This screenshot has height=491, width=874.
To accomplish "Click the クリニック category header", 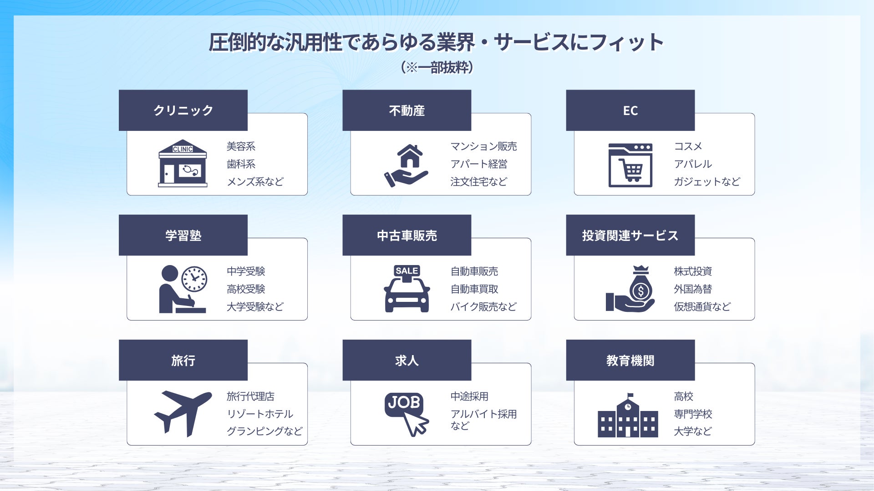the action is pyautogui.click(x=183, y=110).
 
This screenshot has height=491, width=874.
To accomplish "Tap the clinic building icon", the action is pyautogui.click(x=183, y=163).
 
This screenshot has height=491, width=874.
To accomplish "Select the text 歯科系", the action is pyautogui.click(x=241, y=164).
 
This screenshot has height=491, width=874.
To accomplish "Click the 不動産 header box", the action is pyautogui.click(x=407, y=110).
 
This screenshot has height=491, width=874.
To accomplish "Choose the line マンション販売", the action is pyautogui.click(x=483, y=146).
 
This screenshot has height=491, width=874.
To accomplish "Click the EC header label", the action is pyautogui.click(x=630, y=110).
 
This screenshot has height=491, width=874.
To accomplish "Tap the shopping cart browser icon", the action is pyautogui.click(x=630, y=165).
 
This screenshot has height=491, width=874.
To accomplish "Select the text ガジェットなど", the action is pyautogui.click(x=706, y=182).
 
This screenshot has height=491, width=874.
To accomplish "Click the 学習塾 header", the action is pyautogui.click(x=183, y=235).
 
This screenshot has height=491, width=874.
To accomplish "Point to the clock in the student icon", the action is pyautogui.click(x=194, y=279).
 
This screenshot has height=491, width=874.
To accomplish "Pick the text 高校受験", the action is pyautogui.click(x=246, y=289).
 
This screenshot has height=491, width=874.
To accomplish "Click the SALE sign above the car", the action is pyautogui.click(x=407, y=271).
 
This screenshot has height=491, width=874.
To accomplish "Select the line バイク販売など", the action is pyautogui.click(x=483, y=307).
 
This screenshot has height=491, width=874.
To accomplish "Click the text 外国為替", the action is pyautogui.click(x=693, y=289).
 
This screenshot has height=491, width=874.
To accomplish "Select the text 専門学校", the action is pyautogui.click(x=693, y=414).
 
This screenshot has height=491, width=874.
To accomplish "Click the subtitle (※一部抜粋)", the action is pyautogui.click(x=437, y=68).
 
